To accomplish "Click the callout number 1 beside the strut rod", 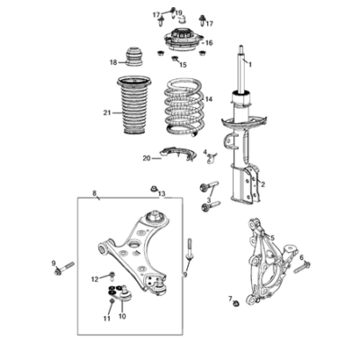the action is pyautogui.click(x=250, y=64).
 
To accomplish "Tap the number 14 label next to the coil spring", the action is pyautogui.click(x=209, y=99).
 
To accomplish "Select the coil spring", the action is pyautogui.click(x=184, y=108).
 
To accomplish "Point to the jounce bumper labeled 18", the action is pyautogui.click(x=134, y=57).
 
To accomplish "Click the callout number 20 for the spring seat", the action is pyautogui.click(x=147, y=158).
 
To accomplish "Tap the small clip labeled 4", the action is pyautogui.click(x=211, y=158).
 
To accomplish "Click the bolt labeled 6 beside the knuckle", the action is pyautogui.click(x=302, y=267).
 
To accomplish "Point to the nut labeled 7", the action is pyautogui.click(x=237, y=303).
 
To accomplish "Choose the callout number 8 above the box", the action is pyautogui.click(x=94, y=193).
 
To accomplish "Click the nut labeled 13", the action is pyautogui.click(x=154, y=189).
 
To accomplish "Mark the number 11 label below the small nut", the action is pyautogui.click(x=107, y=319).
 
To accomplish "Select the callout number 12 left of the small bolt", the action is pyautogui.click(x=94, y=279).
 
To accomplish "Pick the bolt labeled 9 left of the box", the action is pyautogui.click(x=64, y=268).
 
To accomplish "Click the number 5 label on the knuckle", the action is pyautogui.click(x=273, y=238).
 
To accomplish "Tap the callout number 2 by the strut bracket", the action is pyautogui.click(x=263, y=184).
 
